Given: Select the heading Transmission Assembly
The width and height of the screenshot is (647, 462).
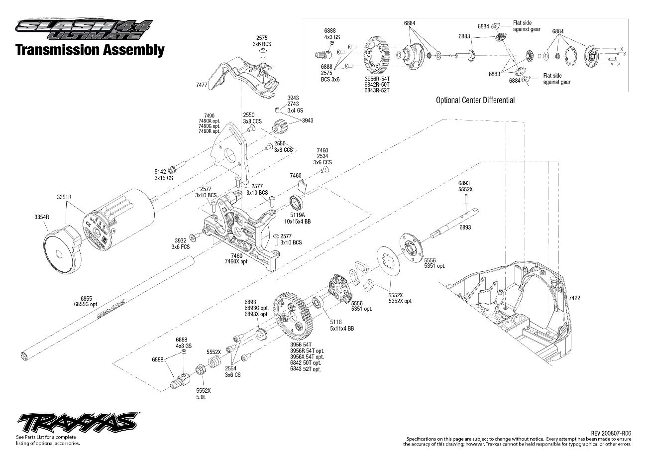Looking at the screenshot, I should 90,50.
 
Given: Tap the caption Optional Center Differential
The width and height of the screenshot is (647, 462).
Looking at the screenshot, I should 475,100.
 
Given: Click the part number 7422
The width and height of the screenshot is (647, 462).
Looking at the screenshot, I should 574,298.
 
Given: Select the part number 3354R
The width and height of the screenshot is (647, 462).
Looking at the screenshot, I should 41,217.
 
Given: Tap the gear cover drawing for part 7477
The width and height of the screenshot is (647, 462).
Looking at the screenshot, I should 244,75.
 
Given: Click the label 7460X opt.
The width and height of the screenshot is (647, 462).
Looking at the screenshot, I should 236,261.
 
